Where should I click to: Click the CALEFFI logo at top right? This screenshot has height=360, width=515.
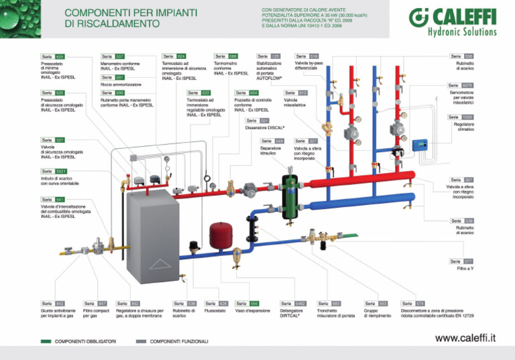454,22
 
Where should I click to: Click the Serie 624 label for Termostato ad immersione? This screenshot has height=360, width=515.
174,56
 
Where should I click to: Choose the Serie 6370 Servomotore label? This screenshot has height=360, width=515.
461,86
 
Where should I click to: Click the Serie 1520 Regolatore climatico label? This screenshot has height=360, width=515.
461,117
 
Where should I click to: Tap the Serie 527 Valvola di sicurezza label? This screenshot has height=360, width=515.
52,140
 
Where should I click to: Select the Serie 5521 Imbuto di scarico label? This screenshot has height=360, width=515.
54,171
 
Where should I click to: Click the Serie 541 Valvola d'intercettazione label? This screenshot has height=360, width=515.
52,200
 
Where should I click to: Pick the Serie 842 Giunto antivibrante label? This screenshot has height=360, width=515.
53,304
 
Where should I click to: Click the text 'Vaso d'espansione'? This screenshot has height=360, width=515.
253,311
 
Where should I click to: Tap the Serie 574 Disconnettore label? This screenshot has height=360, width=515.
412,304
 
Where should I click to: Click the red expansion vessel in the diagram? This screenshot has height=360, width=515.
219,235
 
